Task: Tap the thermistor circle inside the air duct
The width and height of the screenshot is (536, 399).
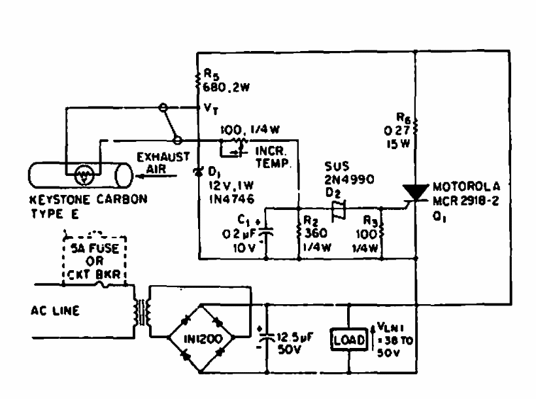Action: (82, 175)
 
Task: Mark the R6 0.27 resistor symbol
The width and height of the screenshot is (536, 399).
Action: (416, 126)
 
